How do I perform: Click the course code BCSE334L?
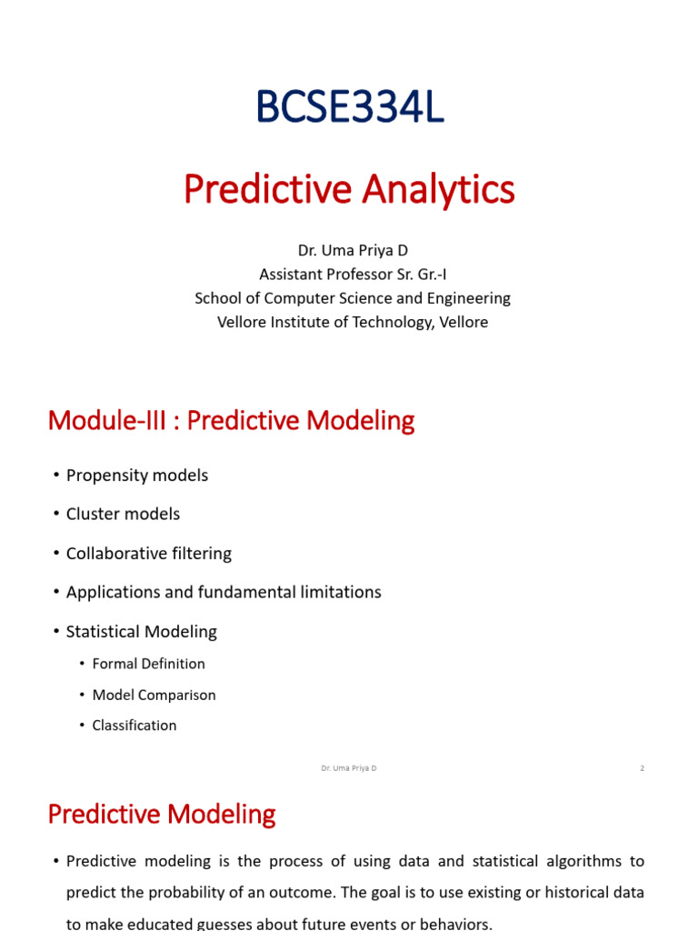coord(350,107)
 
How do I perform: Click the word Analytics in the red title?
coord(438,190)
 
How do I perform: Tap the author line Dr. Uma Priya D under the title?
coord(353,251)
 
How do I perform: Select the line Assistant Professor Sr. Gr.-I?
coord(353,275)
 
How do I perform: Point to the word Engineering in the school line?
coord(469,298)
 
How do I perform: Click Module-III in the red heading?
coord(107,420)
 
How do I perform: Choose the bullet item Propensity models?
coord(137,476)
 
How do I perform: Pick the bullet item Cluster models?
coord(123,515)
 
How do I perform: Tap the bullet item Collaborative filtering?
coord(149,554)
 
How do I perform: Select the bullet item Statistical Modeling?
coord(141,632)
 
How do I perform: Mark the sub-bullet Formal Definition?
coord(148,664)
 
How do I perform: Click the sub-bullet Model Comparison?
coord(154,696)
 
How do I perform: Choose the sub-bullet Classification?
coord(135,726)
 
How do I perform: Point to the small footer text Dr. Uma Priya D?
coord(349,768)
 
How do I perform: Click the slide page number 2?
coord(643,768)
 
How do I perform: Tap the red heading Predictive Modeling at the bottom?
coord(162,814)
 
